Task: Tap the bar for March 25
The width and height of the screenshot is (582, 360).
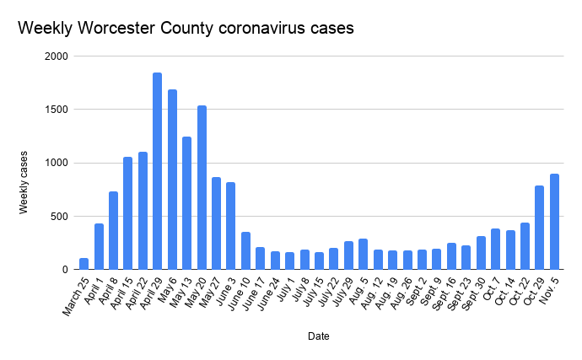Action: [x=84, y=264]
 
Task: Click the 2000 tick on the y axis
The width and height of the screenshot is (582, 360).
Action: [x=57, y=56]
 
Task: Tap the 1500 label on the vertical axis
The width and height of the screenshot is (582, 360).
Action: [x=57, y=110]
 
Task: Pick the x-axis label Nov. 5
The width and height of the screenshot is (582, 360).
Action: [x=547, y=291]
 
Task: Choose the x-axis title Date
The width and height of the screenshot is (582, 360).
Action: [x=318, y=336]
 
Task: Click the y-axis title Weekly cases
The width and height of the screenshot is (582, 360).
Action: [x=25, y=182]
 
